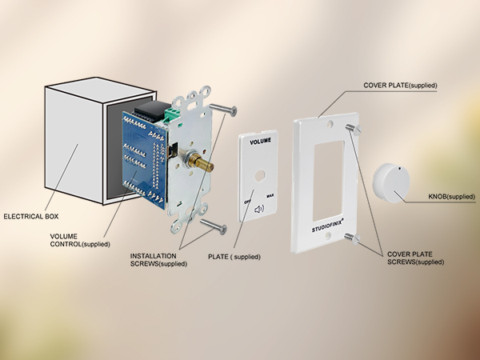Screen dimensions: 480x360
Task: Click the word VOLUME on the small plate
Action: pos(260,142)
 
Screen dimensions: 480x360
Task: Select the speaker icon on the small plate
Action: pos(259,210)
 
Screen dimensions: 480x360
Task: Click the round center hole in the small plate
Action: pos(260,176)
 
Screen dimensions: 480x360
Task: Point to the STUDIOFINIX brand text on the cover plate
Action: pos(328,225)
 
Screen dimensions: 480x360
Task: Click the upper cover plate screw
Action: pos(354,128)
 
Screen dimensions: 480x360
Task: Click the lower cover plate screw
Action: pos(353,238)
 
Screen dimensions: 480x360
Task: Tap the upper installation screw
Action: pos(223,109)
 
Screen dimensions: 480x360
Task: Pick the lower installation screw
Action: pos(214,226)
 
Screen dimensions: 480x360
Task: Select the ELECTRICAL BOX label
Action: pos(31,217)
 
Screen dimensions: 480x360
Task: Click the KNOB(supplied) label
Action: pos(451,197)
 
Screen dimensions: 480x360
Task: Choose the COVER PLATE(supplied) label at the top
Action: pos(400,86)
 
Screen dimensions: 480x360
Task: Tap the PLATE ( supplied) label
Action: pos(234,257)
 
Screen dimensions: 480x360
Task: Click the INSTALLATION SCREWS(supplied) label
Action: pos(158,260)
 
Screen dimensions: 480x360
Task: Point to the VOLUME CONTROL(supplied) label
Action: pos(80,240)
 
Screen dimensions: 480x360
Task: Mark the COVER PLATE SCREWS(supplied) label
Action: pos(415,258)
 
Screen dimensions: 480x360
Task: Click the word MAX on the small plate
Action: pos(270,196)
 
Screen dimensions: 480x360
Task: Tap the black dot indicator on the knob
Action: pos(399,168)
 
